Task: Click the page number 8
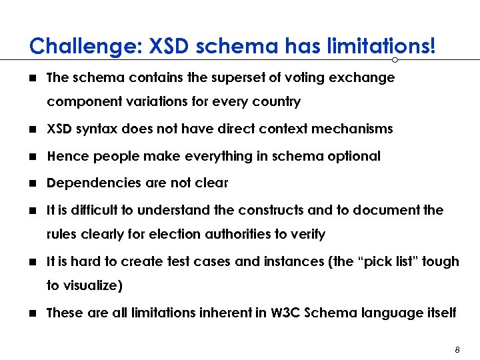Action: (x=457, y=349)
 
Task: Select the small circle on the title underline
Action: (x=395, y=59)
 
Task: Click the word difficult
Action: (x=91, y=211)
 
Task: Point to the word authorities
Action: (x=242, y=235)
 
